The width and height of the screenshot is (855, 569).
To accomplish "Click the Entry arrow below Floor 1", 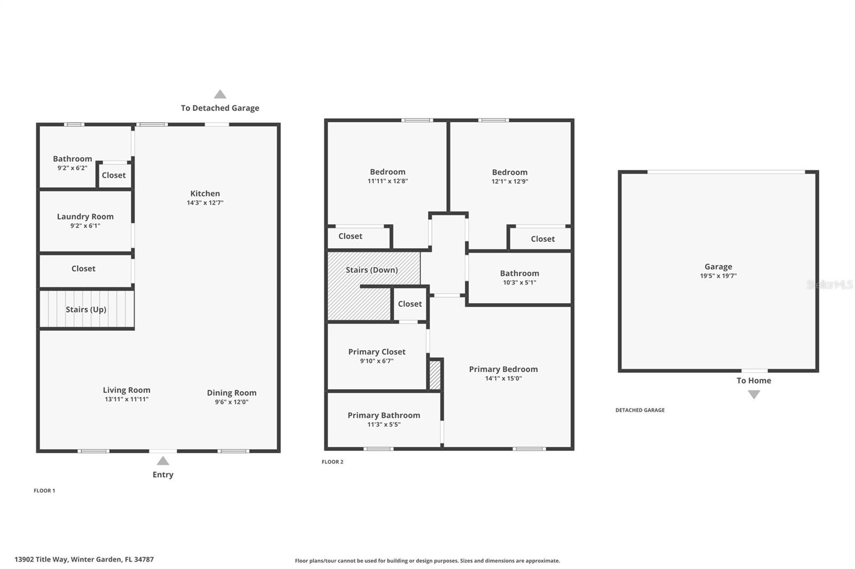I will point(163,461).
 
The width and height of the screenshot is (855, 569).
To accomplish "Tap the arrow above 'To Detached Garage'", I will point(220,94).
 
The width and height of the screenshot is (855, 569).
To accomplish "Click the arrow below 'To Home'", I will point(753,394).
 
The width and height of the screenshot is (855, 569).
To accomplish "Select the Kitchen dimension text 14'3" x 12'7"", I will point(205,203).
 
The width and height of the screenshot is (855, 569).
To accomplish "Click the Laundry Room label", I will point(85,217).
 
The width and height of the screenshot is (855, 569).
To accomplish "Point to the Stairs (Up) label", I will point(86,310).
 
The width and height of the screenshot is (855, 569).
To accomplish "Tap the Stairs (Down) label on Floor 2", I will point(371,270).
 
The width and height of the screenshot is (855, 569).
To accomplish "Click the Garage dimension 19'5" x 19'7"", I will point(718,276).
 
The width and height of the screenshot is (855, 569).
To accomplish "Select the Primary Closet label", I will point(377,352).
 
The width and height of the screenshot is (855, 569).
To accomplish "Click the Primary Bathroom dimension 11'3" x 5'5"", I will point(384,425).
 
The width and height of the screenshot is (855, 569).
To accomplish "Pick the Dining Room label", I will point(231,393).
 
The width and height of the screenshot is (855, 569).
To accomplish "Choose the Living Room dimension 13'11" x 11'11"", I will point(127,399).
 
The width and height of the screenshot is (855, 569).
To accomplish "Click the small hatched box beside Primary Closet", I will point(435,375).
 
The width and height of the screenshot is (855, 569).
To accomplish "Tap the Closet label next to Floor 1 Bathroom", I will point(114,175).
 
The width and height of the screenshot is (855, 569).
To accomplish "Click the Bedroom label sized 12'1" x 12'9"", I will point(509,172).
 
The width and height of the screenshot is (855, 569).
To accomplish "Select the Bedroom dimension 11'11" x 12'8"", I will point(387,181).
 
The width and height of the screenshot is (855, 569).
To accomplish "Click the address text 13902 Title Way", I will point(84,559).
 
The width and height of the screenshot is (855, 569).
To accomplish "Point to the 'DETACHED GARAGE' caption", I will point(640,410).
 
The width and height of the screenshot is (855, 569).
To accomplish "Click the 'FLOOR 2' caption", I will point(332,462).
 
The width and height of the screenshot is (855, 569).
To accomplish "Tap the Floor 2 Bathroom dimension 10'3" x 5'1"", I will point(519,282).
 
